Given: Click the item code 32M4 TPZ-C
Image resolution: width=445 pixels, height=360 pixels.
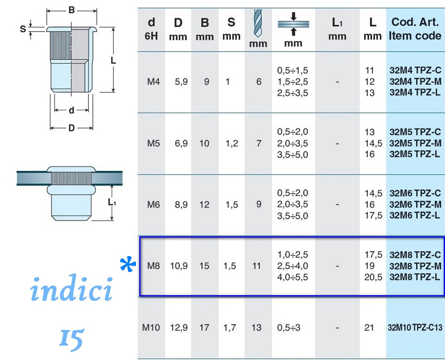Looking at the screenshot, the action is [415, 70].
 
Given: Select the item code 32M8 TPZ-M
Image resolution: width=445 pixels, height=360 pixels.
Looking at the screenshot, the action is [415, 266].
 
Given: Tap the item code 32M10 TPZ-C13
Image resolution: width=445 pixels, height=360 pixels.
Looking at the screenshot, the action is [415, 328].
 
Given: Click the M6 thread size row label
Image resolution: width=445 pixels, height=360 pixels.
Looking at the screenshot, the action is [154, 204].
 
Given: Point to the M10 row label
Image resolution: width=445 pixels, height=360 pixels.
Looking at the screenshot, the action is [151, 328].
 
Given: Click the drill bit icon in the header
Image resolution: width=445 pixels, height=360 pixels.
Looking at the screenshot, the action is [258, 23].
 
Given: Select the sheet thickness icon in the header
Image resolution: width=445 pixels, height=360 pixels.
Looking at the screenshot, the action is [293, 24].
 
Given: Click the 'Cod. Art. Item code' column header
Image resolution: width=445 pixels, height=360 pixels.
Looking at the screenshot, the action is [415, 29].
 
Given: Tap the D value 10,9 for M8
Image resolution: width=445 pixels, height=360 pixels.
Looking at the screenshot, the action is [179, 266].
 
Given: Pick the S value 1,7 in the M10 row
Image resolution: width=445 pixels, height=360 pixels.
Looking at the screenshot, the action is [230, 328].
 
